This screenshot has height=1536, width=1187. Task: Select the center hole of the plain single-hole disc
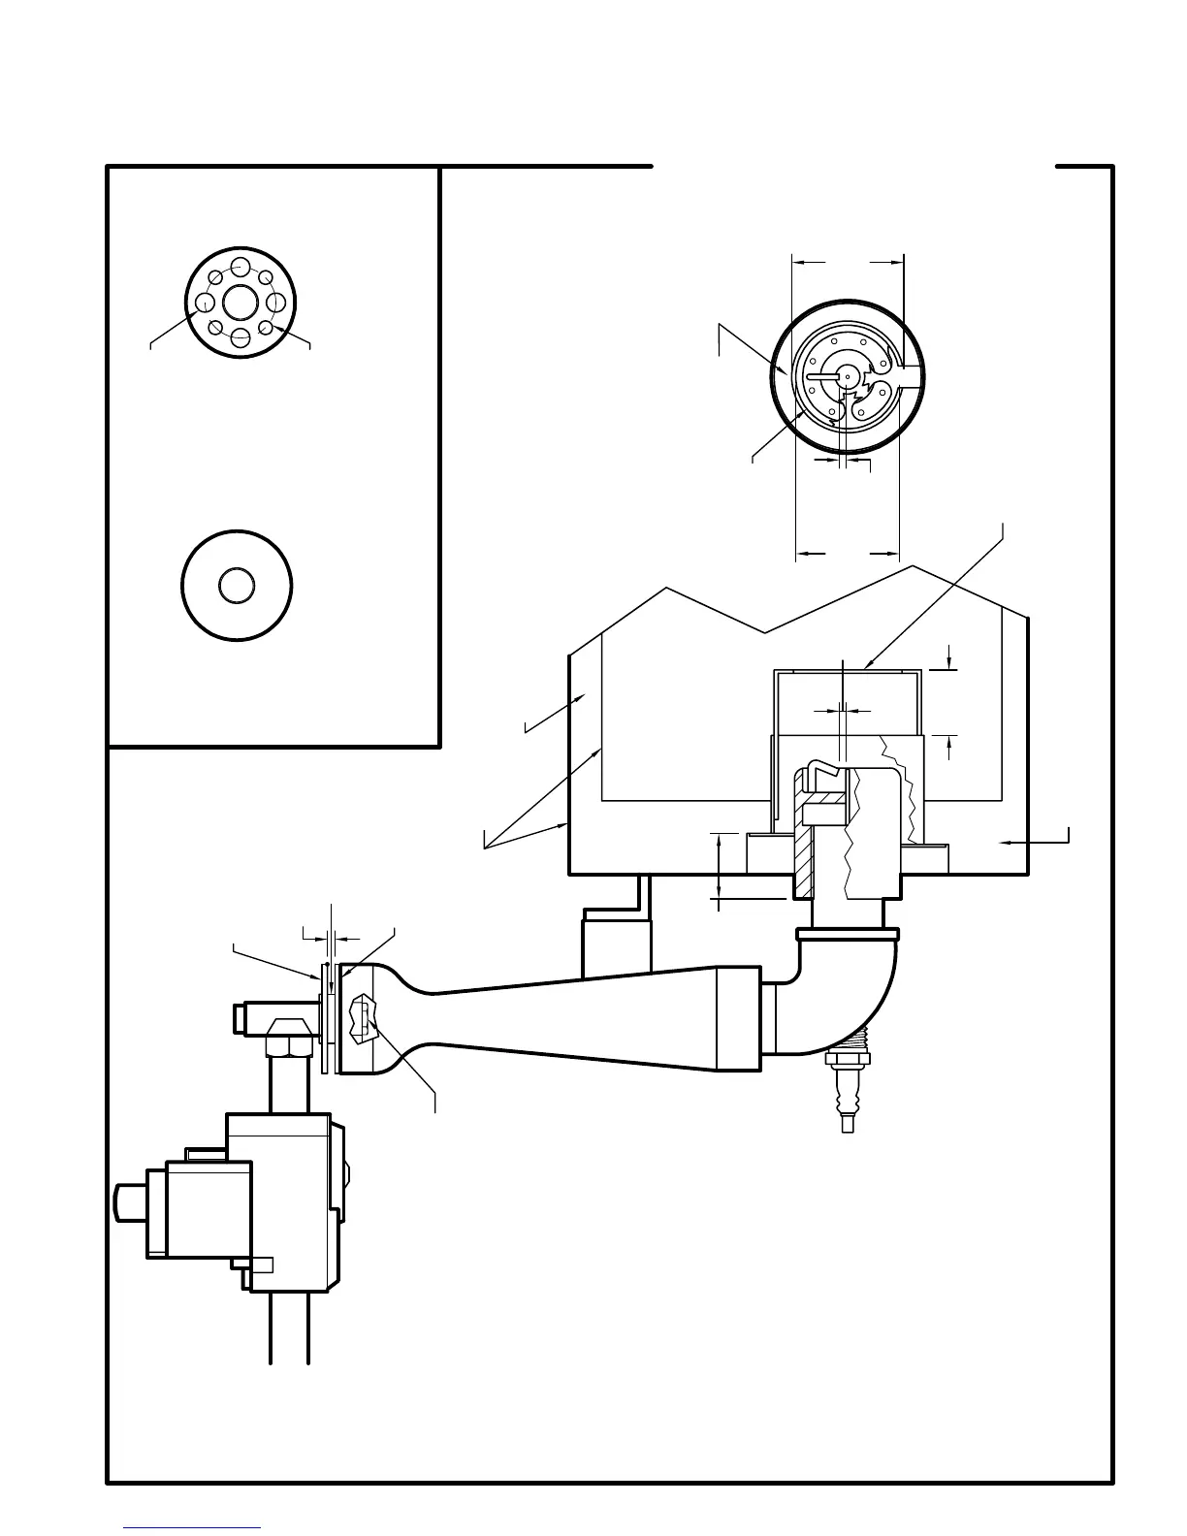(237, 586)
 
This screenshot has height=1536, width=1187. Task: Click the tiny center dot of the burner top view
(847, 377)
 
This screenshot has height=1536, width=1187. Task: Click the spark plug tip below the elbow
(847, 1123)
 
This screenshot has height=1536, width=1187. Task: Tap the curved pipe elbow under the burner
(853, 1008)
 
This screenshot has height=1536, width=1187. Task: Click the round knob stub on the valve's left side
(127, 1203)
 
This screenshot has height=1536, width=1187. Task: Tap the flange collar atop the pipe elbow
(850, 935)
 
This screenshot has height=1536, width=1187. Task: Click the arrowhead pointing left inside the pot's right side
(1005, 844)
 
